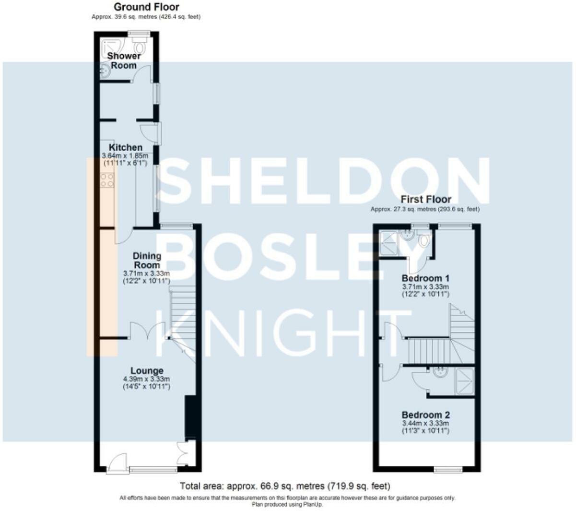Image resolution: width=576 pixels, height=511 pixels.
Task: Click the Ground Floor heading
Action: [x=146, y=7]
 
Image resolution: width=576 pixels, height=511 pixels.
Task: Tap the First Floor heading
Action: [x=425, y=199]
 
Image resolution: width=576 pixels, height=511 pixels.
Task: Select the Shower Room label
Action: [x=124, y=60]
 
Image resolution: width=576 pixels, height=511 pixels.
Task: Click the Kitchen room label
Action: [x=126, y=147]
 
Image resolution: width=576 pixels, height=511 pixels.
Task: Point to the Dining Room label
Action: [x=147, y=261]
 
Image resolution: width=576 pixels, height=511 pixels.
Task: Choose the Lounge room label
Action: [x=147, y=370]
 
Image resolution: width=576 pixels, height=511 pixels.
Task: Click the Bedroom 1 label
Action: [x=425, y=278]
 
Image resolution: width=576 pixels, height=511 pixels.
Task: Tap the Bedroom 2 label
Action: [x=425, y=415]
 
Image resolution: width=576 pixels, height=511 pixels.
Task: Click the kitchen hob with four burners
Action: [x=107, y=180]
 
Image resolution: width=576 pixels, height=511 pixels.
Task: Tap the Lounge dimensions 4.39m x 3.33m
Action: [x=146, y=379]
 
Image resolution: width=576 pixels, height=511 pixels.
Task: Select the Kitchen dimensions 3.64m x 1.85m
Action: [x=125, y=155]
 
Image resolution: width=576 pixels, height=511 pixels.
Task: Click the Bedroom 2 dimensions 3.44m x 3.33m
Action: [x=425, y=423]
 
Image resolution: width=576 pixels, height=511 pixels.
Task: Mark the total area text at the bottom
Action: [x=285, y=486]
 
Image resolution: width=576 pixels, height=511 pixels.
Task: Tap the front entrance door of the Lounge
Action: [x=117, y=464]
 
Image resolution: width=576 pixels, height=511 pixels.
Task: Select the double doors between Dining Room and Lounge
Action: [x=148, y=330]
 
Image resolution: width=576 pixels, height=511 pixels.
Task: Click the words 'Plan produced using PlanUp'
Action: [x=287, y=505]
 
